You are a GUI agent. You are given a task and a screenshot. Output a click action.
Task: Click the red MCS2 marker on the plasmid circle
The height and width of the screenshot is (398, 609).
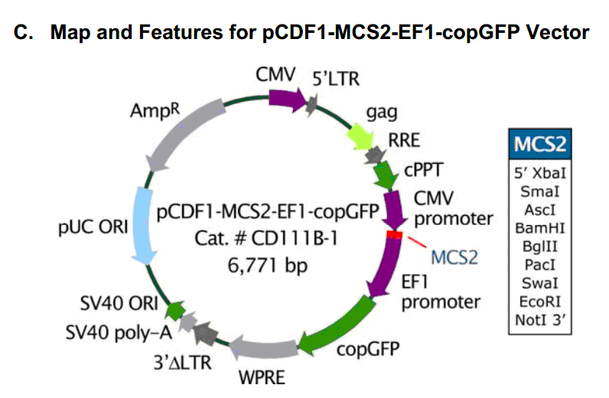click(x=394, y=235)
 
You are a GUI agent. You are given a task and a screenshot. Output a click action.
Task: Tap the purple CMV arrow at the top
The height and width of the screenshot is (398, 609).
click(x=287, y=98)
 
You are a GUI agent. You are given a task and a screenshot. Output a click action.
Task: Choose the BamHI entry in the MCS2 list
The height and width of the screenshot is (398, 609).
click(x=541, y=227)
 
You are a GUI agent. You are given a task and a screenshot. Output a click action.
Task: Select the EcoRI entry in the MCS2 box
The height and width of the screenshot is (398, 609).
click(x=541, y=300)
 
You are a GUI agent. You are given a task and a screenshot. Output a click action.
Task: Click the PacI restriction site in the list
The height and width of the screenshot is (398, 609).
click(x=541, y=263)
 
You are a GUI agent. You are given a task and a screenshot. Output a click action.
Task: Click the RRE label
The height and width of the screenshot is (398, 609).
click(x=404, y=140)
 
